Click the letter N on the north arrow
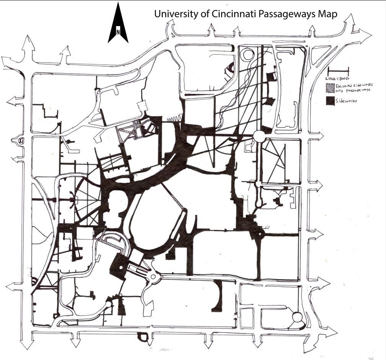click(118, 32)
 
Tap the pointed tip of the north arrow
click(118, 3)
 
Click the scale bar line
click(339, 70)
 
